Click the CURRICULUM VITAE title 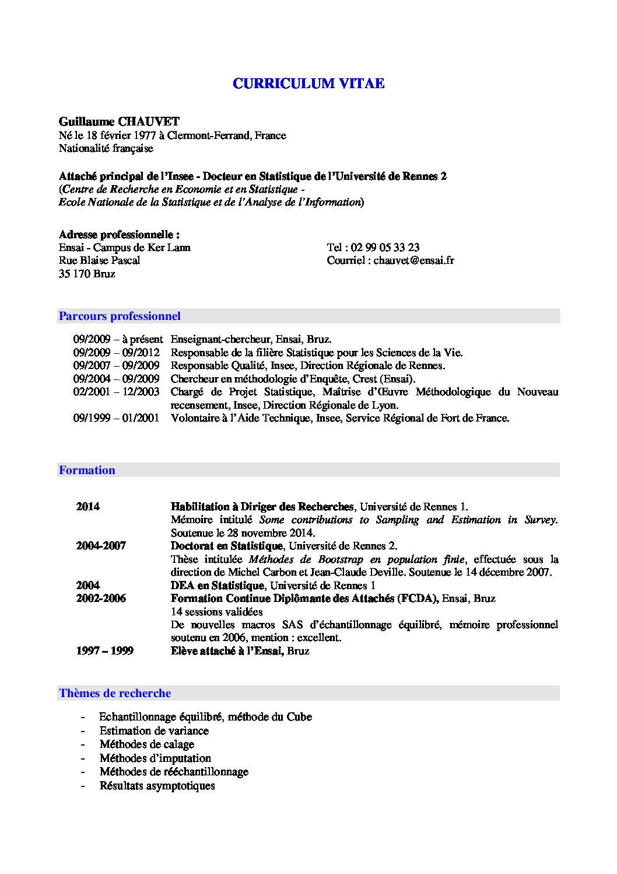(x=308, y=83)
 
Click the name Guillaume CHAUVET (x=119, y=121)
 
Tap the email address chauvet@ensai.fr (x=413, y=260)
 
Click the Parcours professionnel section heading (x=120, y=316)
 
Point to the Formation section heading (x=87, y=471)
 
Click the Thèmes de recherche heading (x=115, y=694)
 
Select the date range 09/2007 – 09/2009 (x=116, y=366)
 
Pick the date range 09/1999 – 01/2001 (x=116, y=419)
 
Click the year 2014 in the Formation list (x=87, y=507)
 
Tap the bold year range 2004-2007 (x=101, y=546)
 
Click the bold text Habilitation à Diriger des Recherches (x=262, y=507)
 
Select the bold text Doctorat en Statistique (x=226, y=546)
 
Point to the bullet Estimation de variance (x=153, y=731)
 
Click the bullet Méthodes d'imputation (x=155, y=758)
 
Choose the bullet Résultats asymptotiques (x=157, y=786)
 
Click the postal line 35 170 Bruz (x=87, y=274)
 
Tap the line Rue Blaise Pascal (x=99, y=260)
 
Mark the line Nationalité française (x=106, y=148)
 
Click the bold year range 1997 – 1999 (x=104, y=651)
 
